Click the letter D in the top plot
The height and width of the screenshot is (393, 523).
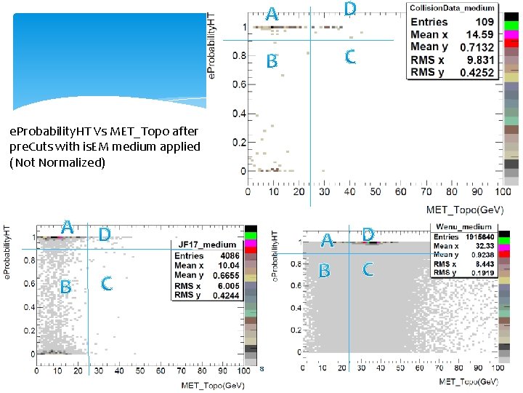(350, 9)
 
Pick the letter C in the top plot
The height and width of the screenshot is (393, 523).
(350, 57)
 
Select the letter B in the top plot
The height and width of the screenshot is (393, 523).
(271, 62)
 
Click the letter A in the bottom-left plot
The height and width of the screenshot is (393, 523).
(67, 226)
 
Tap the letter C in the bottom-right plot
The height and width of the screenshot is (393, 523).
(368, 270)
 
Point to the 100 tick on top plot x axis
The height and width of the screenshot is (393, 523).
(500, 192)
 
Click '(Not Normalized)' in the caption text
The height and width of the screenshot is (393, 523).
(57, 162)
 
